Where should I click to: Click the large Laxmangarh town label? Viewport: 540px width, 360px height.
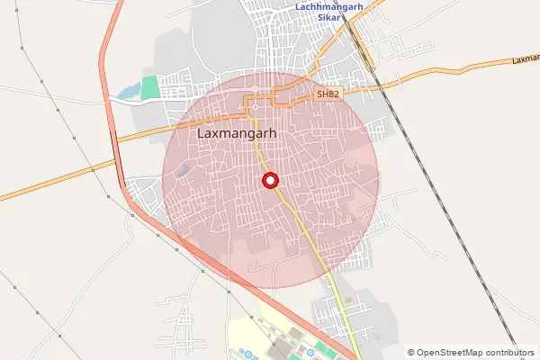236,134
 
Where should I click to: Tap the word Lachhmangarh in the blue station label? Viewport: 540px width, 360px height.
330,7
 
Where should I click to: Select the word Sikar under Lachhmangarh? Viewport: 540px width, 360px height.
330,18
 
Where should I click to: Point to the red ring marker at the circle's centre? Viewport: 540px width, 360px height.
270,180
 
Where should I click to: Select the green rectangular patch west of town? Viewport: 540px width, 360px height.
148,87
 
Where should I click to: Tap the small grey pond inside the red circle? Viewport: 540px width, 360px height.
184,168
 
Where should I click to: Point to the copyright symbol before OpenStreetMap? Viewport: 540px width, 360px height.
411,353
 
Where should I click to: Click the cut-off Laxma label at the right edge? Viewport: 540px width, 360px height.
526,59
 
